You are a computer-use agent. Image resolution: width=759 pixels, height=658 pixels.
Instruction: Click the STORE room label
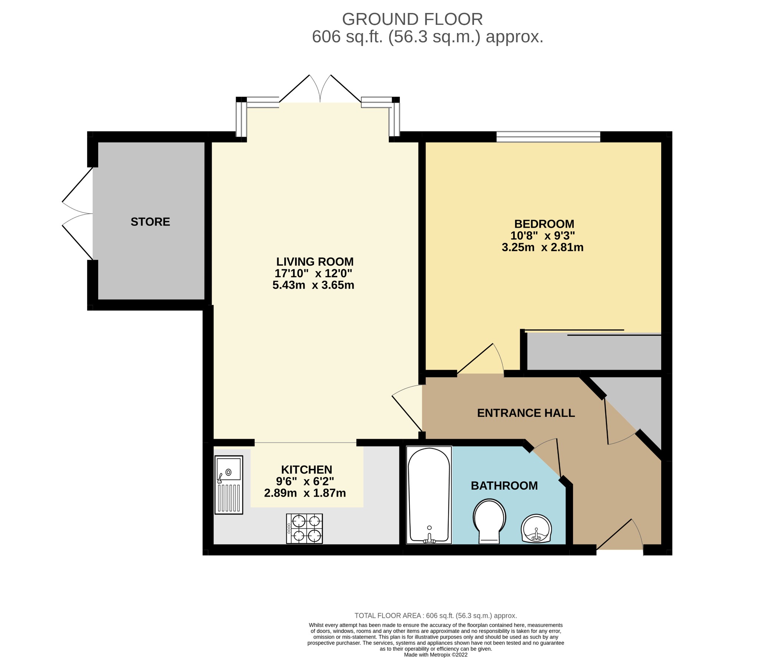pos(150,222)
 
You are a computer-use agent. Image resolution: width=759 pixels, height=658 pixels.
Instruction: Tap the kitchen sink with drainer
pos(229,484)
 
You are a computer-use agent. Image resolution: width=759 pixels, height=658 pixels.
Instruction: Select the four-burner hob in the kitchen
pos(304,529)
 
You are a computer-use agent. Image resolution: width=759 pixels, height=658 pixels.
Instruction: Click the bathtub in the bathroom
pos(429,495)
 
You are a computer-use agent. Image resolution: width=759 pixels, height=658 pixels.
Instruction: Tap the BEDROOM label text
pos(544,224)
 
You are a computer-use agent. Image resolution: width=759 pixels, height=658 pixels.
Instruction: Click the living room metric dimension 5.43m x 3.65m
pos(313,285)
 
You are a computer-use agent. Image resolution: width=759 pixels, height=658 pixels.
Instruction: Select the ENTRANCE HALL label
pos(526,413)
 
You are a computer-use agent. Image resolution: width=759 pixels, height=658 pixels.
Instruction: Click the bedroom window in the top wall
pos(548,137)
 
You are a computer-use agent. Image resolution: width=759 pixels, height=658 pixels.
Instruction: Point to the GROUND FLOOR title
pos(412,19)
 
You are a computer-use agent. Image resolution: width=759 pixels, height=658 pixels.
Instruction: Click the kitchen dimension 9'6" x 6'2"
pos(305,481)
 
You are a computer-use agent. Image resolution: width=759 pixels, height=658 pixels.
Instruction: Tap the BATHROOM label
pos(504,486)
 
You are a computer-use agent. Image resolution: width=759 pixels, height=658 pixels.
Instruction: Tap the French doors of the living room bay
pos(320,89)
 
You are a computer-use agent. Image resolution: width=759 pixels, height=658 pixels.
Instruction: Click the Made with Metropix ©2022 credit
pos(435,655)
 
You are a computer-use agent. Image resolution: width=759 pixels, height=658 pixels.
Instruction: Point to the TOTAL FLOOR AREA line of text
pos(435,616)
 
